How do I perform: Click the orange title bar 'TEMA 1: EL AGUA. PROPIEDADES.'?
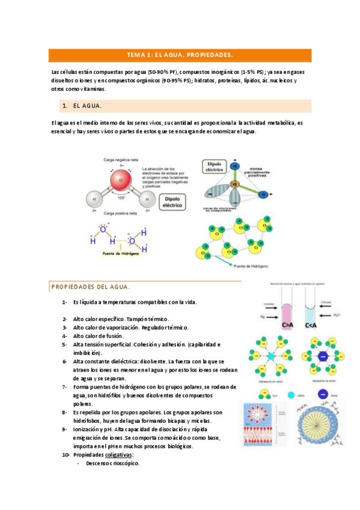180,55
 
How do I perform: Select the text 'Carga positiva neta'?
120,214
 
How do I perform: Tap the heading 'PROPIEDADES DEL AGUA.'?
91,286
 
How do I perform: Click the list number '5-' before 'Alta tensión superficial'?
64,345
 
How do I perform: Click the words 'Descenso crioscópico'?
112,464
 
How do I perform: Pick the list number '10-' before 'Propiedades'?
65,455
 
